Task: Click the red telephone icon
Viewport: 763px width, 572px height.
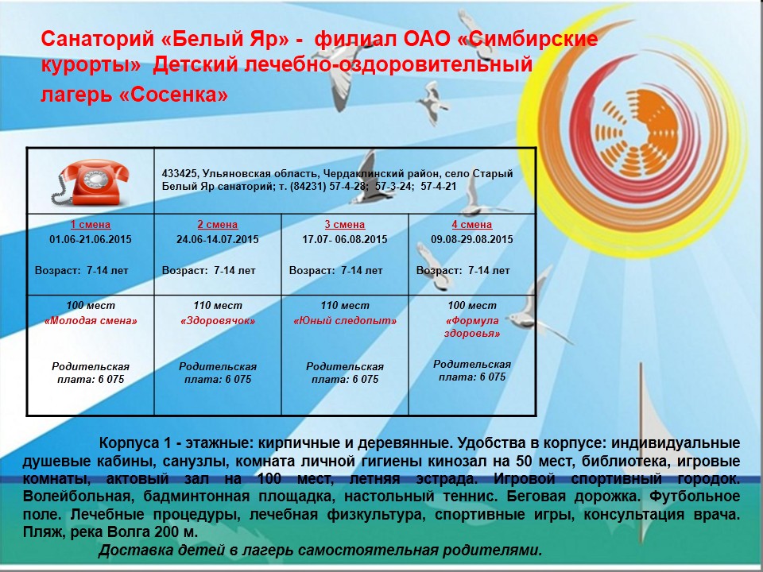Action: [x=90, y=182]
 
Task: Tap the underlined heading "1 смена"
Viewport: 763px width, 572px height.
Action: [x=91, y=225]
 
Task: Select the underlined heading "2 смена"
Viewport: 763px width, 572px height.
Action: [x=218, y=225]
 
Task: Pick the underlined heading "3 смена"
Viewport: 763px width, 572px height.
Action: [x=344, y=225]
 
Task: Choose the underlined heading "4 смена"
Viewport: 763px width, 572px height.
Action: [x=471, y=225]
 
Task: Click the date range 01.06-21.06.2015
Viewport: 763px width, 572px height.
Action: [x=91, y=239]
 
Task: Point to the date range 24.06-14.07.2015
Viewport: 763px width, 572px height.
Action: [x=218, y=239]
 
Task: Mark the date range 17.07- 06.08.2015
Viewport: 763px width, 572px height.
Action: [x=344, y=239]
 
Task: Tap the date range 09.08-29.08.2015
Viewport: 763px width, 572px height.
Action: [x=472, y=239]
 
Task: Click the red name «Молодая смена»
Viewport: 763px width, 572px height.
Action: [x=91, y=321]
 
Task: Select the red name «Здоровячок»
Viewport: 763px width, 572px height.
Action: [x=218, y=321]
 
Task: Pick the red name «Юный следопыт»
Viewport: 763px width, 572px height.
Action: [x=344, y=321]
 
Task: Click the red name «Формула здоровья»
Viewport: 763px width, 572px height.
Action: [x=472, y=327]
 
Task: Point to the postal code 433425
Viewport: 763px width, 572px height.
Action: [x=179, y=174]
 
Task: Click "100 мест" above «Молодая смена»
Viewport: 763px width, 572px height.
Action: [x=91, y=305]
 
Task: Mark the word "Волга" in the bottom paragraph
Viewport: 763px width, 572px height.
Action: [x=126, y=532]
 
